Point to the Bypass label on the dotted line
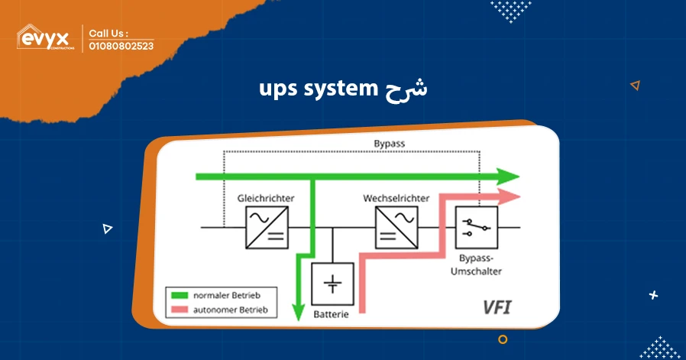tap(389, 144)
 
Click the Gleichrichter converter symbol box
tap(266, 228)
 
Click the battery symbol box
tap(333, 284)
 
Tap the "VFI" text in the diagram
tap(497, 308)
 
